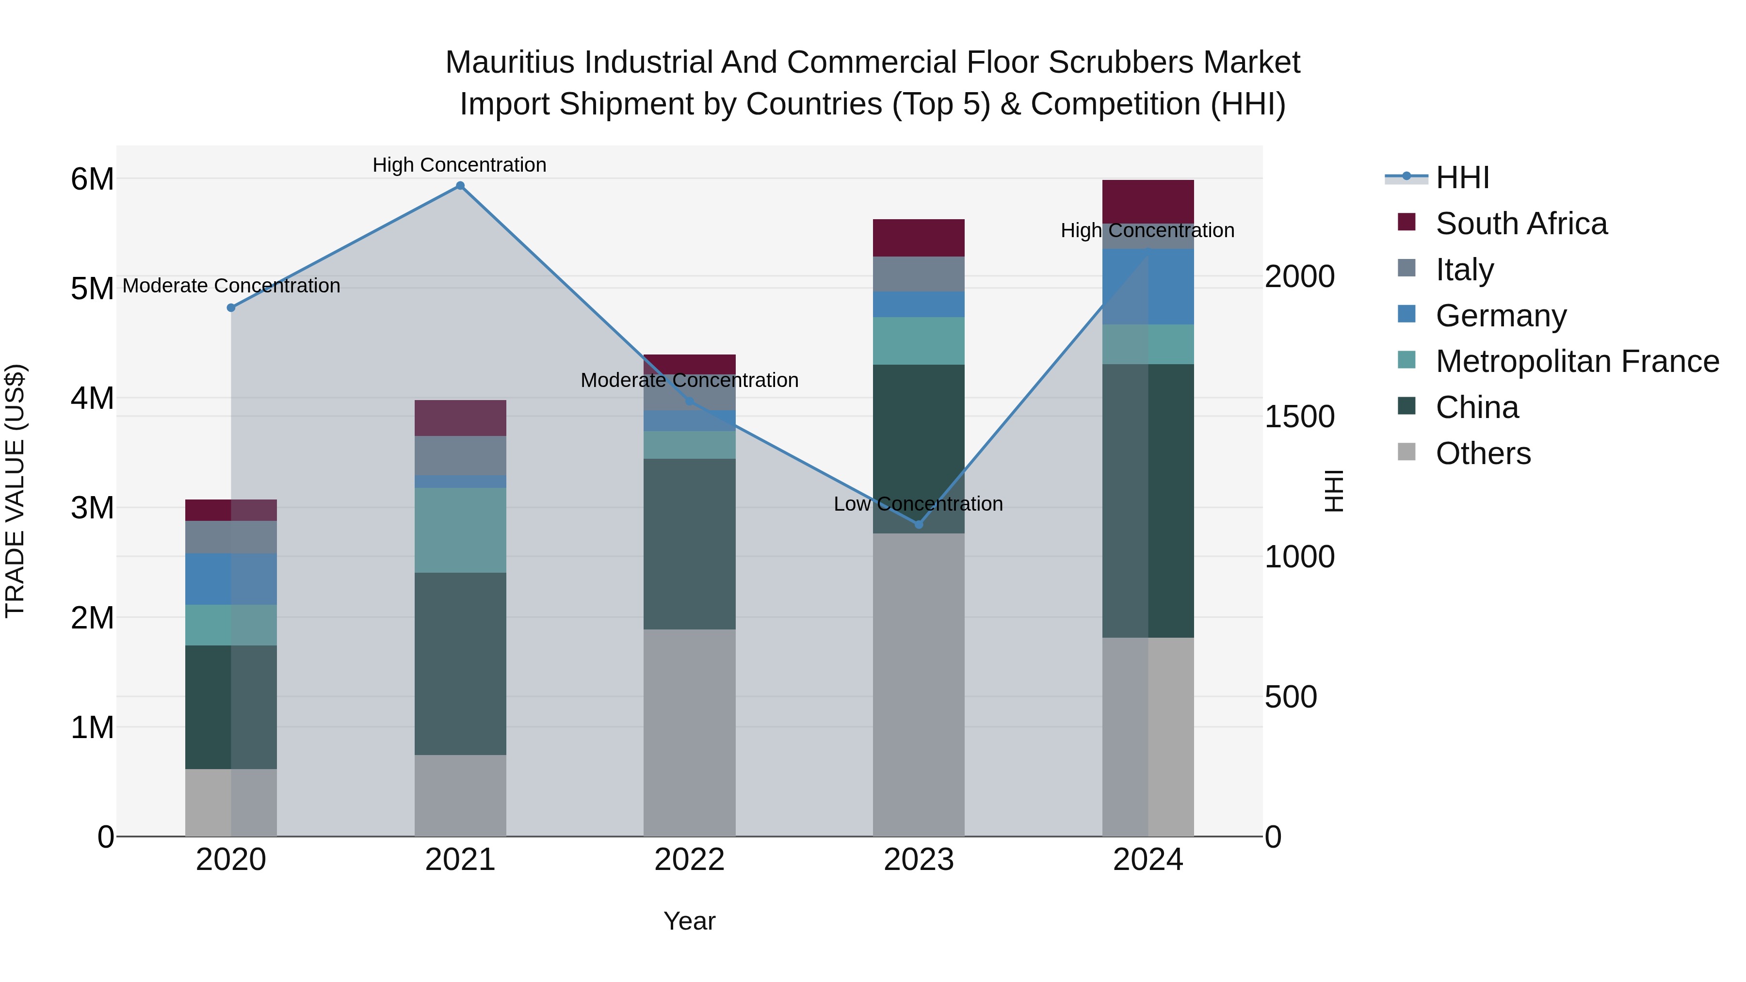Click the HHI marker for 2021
[x=460, y=186]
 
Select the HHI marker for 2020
[x=231, y=307]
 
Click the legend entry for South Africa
[x=1520, y=224]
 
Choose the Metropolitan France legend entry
[x=1577, y=361]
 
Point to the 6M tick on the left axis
[x=92, y=179]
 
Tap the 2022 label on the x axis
[x=689, y=860]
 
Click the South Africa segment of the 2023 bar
[x=919, y=238]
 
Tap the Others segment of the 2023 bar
[x=919, y=684]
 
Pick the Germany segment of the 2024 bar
[x=1148, y=287]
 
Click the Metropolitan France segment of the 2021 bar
[x=460, y=530]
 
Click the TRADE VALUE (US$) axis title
[x=15, y=491]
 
